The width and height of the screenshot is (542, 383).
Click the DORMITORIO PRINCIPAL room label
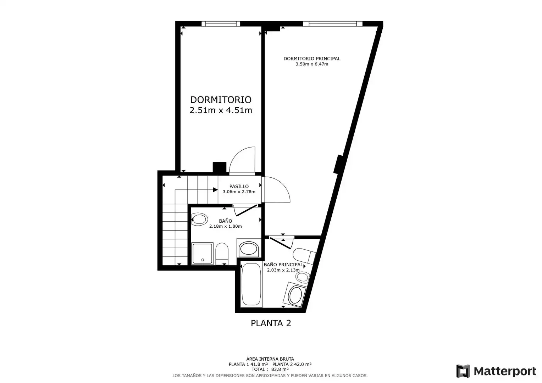point(312,59)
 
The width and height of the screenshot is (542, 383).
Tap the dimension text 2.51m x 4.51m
point(221,110)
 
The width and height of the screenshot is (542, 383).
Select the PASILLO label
point(239,186)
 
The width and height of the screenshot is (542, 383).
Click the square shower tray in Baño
point(203,254)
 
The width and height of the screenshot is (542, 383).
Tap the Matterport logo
point(496,371)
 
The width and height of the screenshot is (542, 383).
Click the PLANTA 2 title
point(271,323)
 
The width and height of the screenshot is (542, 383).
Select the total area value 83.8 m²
point(280,370)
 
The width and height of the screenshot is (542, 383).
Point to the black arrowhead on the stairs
point(215,190)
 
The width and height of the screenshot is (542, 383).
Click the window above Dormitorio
point(221,24)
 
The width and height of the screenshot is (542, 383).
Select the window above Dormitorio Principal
point(332,24)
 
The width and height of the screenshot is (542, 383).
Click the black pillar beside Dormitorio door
point(220,167)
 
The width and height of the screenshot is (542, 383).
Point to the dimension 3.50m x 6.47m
point(312,64)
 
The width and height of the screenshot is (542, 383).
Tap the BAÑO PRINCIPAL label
point(283,265)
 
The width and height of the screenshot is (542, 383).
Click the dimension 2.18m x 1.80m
point(226,227)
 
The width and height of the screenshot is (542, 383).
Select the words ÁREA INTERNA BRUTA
point(270,359)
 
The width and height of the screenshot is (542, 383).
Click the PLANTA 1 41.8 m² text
point(248,364)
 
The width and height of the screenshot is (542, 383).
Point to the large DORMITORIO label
point(221,100)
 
